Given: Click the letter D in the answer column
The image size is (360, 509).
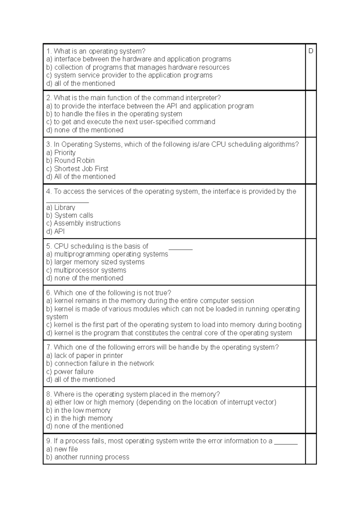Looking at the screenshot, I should (x=310, y=51).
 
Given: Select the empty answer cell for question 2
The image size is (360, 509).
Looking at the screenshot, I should (x=311, y=114).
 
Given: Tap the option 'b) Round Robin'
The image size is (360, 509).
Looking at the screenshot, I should (x=70, y=160).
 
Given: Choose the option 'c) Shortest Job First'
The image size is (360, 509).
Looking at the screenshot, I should (x=77, y=168).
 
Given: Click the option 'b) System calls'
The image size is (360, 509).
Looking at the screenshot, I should (x=70, y=215).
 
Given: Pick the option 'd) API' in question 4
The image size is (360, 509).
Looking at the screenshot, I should (x=55, y=231).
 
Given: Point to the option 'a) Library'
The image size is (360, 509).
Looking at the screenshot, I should (x=61, y=207).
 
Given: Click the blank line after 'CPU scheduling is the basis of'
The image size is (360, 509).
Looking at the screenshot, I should (x=180, y=247).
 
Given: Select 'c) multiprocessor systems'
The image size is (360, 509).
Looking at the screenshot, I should (x=86, y=270).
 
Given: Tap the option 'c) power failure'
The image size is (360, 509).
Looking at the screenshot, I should (x=70, y=371).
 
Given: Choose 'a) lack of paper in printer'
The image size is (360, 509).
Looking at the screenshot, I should (x=85, y=356).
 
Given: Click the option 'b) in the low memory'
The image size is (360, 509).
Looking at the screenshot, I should (x=78, y=410).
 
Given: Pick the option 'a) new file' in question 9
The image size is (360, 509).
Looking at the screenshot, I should (x=62, y=449).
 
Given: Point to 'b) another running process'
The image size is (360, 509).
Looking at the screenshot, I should (x=88, y=457).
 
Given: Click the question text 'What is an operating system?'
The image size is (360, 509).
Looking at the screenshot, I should (x=96, y=51).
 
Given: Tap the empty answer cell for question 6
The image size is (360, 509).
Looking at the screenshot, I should (x=311, y=313).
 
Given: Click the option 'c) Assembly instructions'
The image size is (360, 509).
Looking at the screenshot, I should (x=83, y=223).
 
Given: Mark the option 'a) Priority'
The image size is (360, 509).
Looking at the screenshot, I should (x=61, y=153).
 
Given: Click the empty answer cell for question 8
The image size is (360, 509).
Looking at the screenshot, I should (x=311, y=410).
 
